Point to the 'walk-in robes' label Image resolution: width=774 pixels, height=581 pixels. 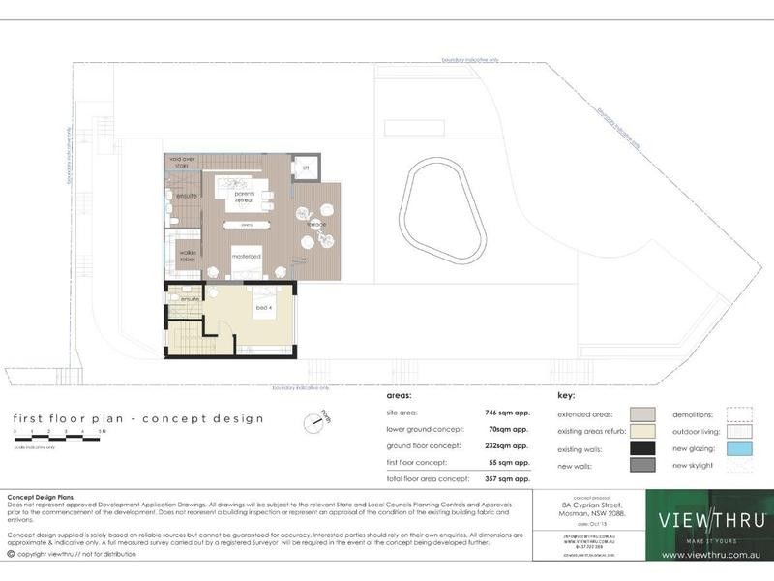tap(188, 257)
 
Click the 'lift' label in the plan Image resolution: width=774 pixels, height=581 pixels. tap(306, 168)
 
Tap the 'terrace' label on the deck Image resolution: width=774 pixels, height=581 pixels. tap(316, 225)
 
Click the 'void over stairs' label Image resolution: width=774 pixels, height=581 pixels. tap(183, 162)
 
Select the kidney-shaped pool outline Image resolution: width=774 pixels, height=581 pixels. tap(445, 209)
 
